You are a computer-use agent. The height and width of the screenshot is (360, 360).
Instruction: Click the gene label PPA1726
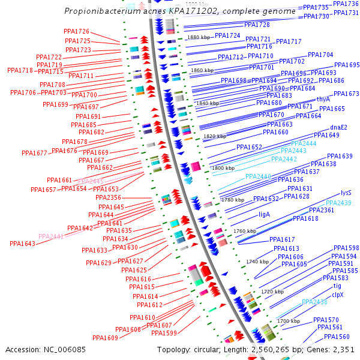[x=76, y=31]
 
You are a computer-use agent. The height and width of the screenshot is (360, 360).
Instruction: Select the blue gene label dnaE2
[x=339, y=127]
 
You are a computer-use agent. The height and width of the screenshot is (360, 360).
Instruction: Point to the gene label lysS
[x=346, y=193]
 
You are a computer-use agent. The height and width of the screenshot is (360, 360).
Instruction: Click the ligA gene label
[x=265, y=214]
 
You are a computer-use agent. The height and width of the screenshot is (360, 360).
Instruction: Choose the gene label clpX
[x=338, y=295]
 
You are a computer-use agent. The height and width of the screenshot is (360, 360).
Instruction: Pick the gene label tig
[x=337, y=286]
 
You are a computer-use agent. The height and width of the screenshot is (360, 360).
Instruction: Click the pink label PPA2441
[x=51, y=236]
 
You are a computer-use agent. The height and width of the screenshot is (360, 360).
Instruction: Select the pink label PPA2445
[x=91, y=181]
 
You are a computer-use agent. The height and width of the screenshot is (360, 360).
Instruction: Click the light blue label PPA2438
[x=314, y=302]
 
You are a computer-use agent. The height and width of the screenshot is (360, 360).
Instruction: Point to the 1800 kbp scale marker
[x=223, y=169]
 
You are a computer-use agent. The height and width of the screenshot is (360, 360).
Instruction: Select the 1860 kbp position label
[x=202, y=70]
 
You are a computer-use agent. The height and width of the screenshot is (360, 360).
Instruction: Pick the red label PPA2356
[x=108, y=197]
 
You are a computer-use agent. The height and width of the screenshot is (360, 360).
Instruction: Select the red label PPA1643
[x=23, y=244]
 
